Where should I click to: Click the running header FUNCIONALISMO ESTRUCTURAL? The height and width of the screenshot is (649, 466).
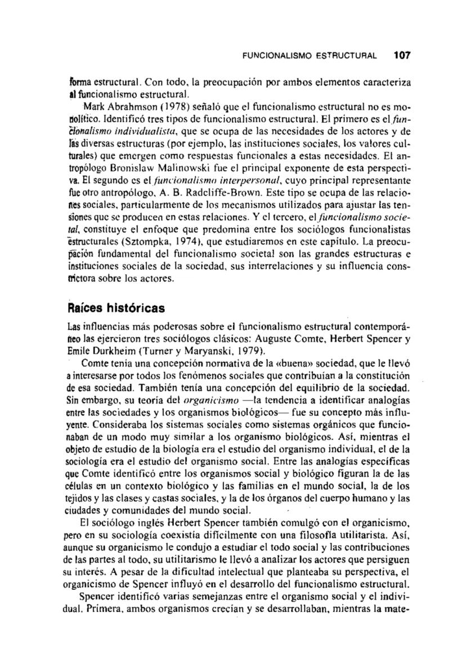coord(311,56)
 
